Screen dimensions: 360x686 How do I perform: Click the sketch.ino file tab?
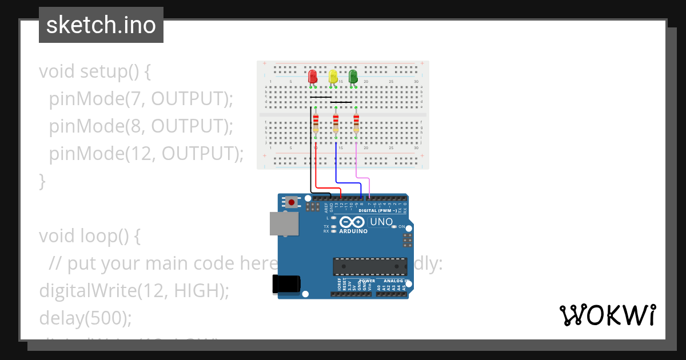[x=101, y=25]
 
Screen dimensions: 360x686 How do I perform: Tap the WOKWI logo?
[x=607, y=315]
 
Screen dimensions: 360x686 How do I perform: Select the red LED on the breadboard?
[x=312, y=77]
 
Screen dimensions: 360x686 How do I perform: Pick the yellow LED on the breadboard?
[x=333, y=77]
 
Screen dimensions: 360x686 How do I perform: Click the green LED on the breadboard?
[x=353, y=77]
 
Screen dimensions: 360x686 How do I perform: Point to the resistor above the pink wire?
[x=356, y=122]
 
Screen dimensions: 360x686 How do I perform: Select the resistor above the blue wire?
[x=336, y=122]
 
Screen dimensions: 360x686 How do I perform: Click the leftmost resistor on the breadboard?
[x=316, y=122]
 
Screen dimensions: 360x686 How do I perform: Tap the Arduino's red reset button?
[x=292, y=202]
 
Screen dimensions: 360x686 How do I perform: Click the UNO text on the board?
[x=381, y=222]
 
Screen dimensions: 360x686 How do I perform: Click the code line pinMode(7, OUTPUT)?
[x=141, y=99]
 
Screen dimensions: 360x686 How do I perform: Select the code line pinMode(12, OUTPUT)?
[x=146, y=154]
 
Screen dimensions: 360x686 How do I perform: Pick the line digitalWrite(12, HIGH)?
[x=134, y=290]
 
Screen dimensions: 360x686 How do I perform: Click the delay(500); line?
[x=85, y=317]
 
